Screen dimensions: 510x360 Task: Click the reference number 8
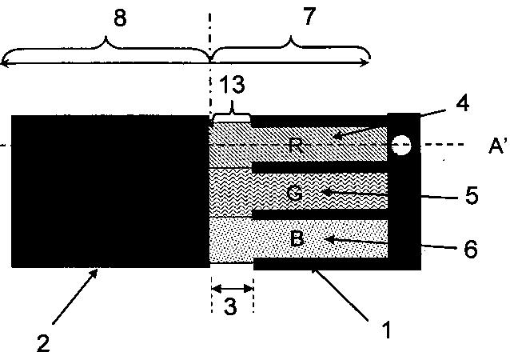click(x=120, y=19)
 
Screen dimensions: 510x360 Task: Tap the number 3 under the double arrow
click(x=232, y=307)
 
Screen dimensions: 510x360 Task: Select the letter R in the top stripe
click(x=296, y=144)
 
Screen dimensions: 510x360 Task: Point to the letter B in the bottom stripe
click(x=296, y=239)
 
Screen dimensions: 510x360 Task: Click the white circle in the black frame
click(x=403, y=145)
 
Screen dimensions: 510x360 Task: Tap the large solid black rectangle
click(x=110, y=191)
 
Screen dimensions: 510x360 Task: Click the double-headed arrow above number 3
click(x=232, y=286)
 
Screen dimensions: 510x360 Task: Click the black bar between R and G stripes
click(x=320, y=167)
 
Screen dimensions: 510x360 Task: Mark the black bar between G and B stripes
click(x=320, y=215)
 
